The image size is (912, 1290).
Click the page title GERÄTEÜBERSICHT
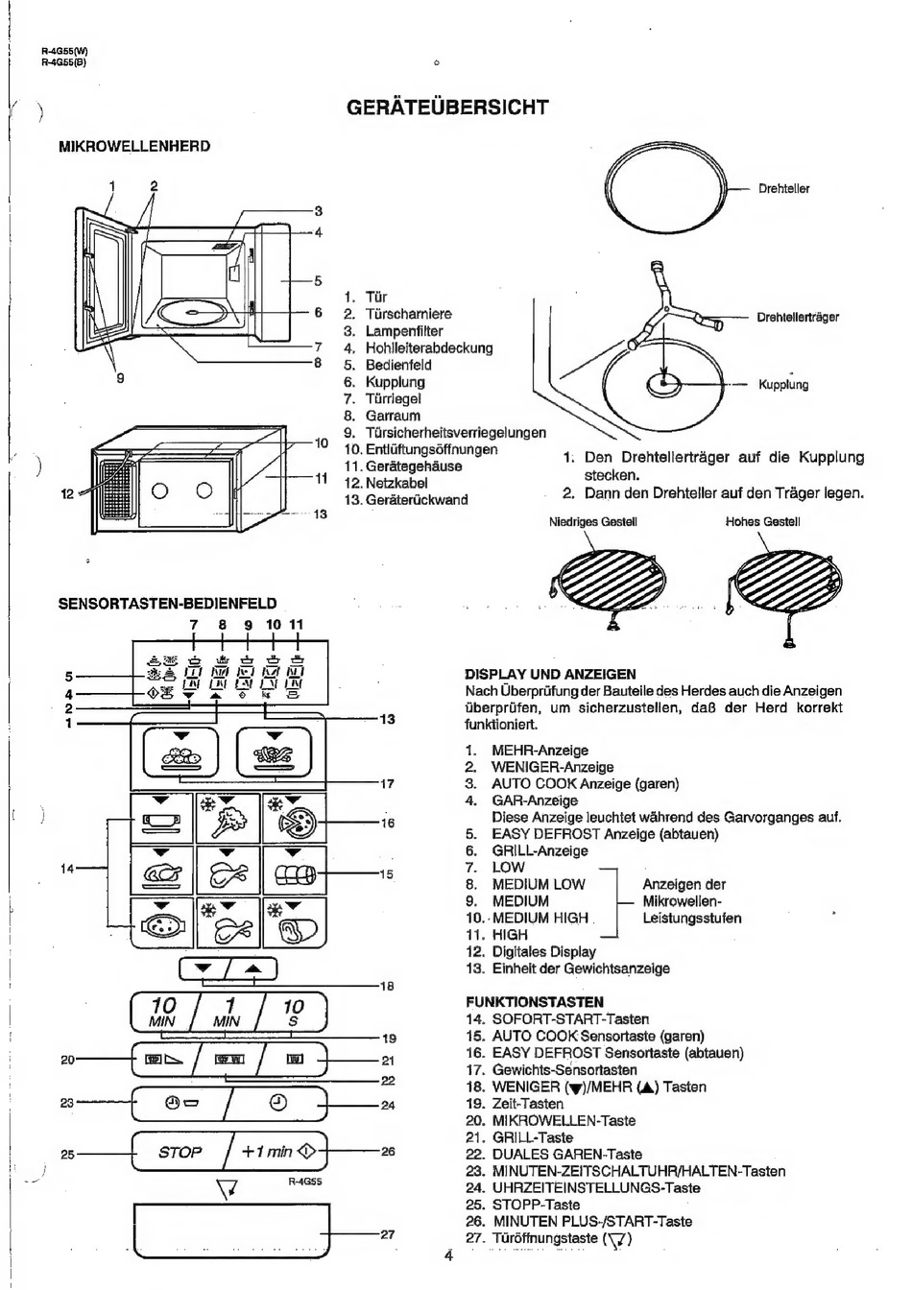click(447, 107)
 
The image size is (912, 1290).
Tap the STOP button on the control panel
click(180, 1151)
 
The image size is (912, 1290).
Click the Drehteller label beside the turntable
click(783, 189)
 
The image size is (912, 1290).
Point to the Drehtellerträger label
click(798, 317)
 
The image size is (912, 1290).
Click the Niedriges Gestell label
click(593, 522)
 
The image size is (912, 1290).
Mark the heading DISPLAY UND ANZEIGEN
click(550, 675)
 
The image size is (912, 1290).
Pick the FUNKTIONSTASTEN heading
click(534, 1002)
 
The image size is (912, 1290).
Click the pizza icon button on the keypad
click(295, 819)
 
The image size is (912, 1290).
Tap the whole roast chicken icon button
click(162, 871)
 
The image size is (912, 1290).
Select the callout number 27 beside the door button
click(388, 1234)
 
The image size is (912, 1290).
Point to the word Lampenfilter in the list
click(404, 331)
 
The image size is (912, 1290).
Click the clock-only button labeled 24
click(278, 1103)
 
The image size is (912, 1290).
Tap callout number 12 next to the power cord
click(67, 493)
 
